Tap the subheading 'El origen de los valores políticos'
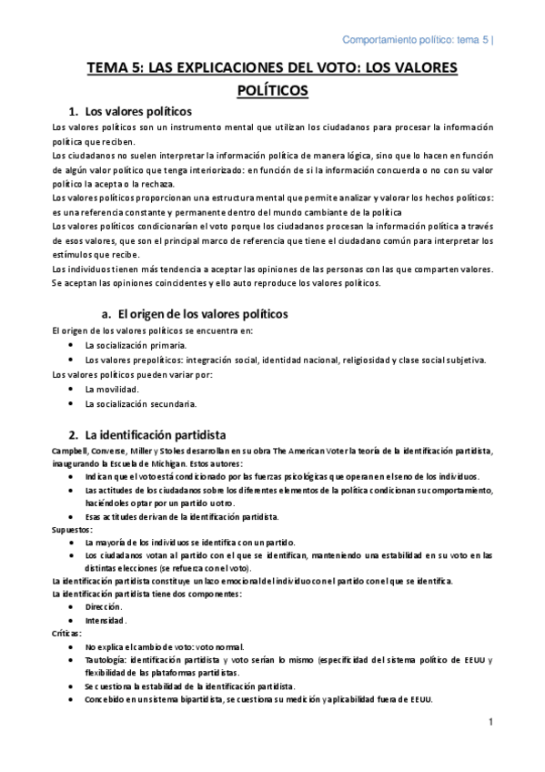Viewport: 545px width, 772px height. click(x=197, y=313)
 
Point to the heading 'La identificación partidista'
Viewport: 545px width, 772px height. click(x=156, y=433)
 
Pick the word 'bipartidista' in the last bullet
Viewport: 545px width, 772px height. click(x=187, y=699)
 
